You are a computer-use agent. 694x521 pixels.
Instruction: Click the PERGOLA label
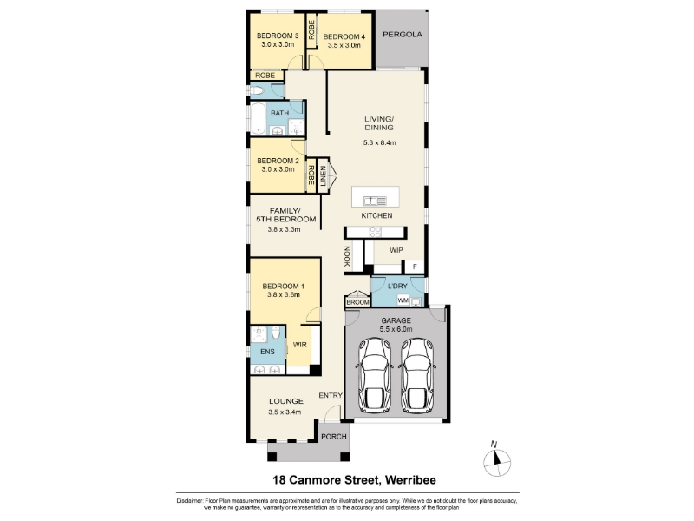tap(403, 34)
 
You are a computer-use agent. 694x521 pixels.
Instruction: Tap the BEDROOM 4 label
tap(344, 36)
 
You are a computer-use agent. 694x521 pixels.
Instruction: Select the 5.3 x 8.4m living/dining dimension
tap(379, 142)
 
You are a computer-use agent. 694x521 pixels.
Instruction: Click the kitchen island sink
tap(375, 201)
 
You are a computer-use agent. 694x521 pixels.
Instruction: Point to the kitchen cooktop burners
tap(376, 232)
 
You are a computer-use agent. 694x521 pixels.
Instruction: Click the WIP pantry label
tap(396, 250)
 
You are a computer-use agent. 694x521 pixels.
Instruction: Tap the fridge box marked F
tap(415, 267)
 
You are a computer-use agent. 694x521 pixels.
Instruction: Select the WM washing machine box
tap(403, 300)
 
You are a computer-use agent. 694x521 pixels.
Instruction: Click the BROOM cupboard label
tap(357, 302)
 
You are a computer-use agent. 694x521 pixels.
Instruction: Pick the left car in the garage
tap(375, 376)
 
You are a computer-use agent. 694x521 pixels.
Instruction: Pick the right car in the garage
tap(417, 376)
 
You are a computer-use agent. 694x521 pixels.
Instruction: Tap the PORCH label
tap(334, 437)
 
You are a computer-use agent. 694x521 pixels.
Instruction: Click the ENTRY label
tap(331, 395)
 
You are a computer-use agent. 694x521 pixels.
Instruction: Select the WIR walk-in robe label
tap(299, 345)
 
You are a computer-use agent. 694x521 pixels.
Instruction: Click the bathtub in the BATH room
tap(258, 118)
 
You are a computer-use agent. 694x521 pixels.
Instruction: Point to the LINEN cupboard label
tap(323, 175)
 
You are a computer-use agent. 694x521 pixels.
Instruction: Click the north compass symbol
tap(497, 463)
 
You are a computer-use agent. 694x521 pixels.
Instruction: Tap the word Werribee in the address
tap(410, 480)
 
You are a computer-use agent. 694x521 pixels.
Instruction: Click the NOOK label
tap(347, 256)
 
